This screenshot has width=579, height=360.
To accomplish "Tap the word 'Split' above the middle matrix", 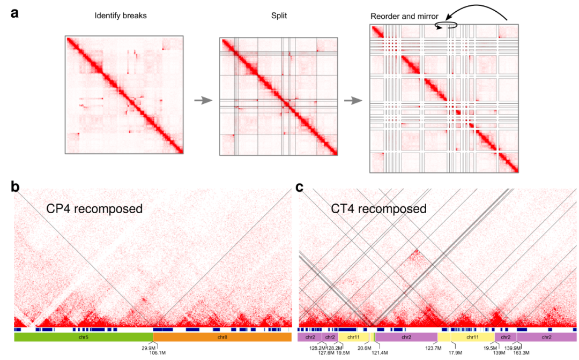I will click(279, 16).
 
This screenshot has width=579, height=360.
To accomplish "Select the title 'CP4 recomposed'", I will click(94, 208).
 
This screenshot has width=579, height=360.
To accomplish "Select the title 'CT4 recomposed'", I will click(378, 208).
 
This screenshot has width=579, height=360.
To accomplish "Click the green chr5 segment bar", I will click(84, 337).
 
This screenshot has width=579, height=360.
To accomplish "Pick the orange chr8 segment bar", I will click(222, 337).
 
